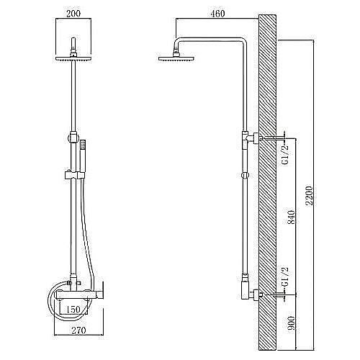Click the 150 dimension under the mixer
coord(73,310)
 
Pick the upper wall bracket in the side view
coord(251,138)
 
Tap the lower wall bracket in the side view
coord(251,292)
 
